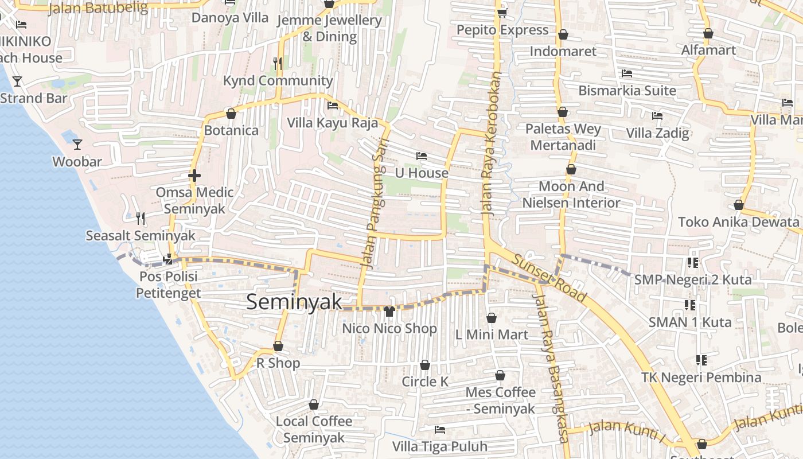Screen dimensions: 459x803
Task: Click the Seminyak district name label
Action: click(x=294, y=302)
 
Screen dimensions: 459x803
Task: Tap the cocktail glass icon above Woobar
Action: click(x=77, y=144)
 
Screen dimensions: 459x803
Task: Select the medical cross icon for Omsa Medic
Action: click(x=194, y=175)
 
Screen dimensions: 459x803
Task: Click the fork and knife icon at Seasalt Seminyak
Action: click(x=141, y=218)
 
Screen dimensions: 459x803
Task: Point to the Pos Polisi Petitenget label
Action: click(x=168, y=285)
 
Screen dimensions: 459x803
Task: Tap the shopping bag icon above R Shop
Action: click(x=278, y=346)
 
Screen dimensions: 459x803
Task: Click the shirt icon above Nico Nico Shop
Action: click(x=389, y=312)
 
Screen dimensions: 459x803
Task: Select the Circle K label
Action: click(x=425, y=382)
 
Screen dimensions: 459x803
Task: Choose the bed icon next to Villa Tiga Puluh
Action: click(x=440, y=429)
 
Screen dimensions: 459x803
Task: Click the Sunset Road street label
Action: click(x=549, y=278)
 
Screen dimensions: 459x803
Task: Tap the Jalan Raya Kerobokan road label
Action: click(x=492, y=143)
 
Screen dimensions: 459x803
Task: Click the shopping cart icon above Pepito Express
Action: click(x=502, y=12)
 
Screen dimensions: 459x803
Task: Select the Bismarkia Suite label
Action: click(x=627, y=91)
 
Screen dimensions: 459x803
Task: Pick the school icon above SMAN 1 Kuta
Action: click(x=690, y=305)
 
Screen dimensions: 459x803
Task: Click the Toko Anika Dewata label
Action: click(x=738, y=222)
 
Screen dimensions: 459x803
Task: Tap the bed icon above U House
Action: click(x=422, y=155)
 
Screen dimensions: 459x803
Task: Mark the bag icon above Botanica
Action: click(x=231, y=114)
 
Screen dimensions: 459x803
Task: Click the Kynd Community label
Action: click(x=278, y=81)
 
